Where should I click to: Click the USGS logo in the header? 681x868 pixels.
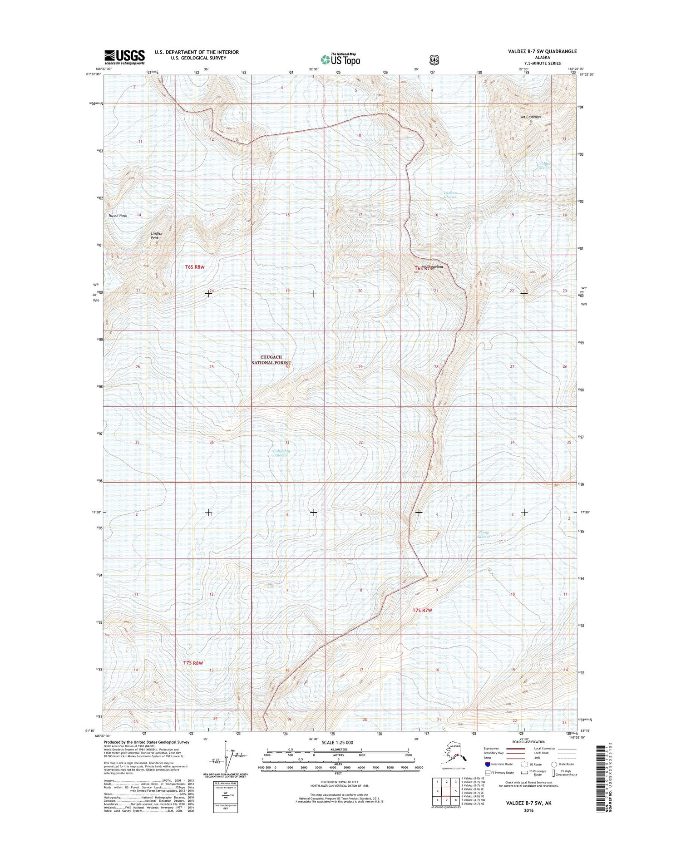(124, 57)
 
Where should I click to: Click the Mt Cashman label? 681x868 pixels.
(531, 117)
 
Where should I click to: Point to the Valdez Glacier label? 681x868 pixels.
(545, 165)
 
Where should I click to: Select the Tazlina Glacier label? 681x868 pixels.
(450, 195)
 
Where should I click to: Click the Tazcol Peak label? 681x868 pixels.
(118, 215)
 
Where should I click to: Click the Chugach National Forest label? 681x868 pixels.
(271, 360)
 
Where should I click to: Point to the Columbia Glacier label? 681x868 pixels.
(281, 453)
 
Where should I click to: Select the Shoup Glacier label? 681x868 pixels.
(484, 535)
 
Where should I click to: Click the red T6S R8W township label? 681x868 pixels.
(195, 267)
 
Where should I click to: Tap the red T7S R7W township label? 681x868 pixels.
(422, 611)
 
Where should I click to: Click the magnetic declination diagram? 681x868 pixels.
(226, 757)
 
